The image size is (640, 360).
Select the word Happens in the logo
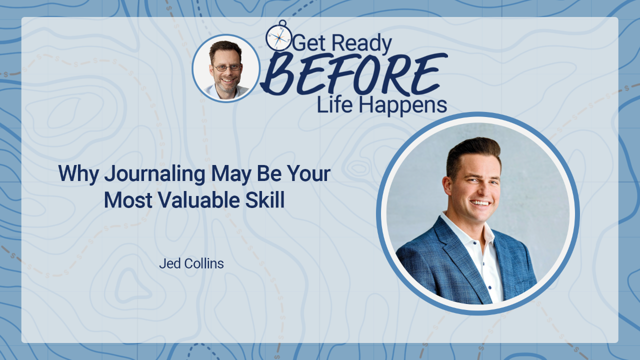[402, 105]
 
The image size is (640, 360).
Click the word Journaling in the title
[154, 174]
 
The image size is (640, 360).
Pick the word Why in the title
[78, 174]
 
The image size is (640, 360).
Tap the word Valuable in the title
[199, 199]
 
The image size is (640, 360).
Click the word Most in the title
[128, 200]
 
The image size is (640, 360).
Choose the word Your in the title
[308, 173]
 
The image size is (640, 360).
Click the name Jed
[170, 263]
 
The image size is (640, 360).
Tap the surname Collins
[204, 263]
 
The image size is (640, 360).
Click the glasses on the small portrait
[227, 67]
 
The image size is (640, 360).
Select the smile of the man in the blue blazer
[480, 203]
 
